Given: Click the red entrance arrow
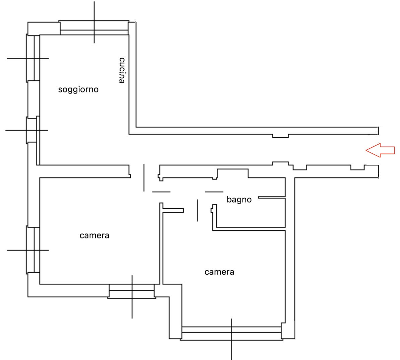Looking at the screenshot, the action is (380, 150).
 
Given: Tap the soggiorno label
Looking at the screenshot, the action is (78, 90).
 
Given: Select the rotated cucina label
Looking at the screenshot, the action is (122, 70).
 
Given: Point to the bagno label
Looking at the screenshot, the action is (239, 199).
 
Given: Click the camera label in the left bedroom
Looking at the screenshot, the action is (94, 235).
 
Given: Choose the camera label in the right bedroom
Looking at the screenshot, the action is (219, 272).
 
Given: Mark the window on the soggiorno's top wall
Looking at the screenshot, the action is (94, 27).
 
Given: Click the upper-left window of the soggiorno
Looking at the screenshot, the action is (33, 58).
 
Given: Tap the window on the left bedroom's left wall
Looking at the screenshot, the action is (33, 250).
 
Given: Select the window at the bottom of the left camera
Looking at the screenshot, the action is (132, 291).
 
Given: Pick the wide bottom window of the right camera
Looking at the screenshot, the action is (231, 333).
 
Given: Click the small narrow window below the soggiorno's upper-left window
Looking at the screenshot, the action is (32, 130).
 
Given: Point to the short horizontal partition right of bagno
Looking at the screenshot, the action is (272, 197).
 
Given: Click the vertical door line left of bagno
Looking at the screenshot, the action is (197, 210).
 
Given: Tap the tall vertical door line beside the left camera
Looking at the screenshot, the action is (144, 177).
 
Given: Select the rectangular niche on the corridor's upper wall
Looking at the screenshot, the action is (280, 136).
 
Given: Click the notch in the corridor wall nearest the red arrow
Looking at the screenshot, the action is (357, 167).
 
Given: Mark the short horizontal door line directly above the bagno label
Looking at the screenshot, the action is (214, 192).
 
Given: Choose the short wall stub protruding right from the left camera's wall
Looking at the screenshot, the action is (173, 210).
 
